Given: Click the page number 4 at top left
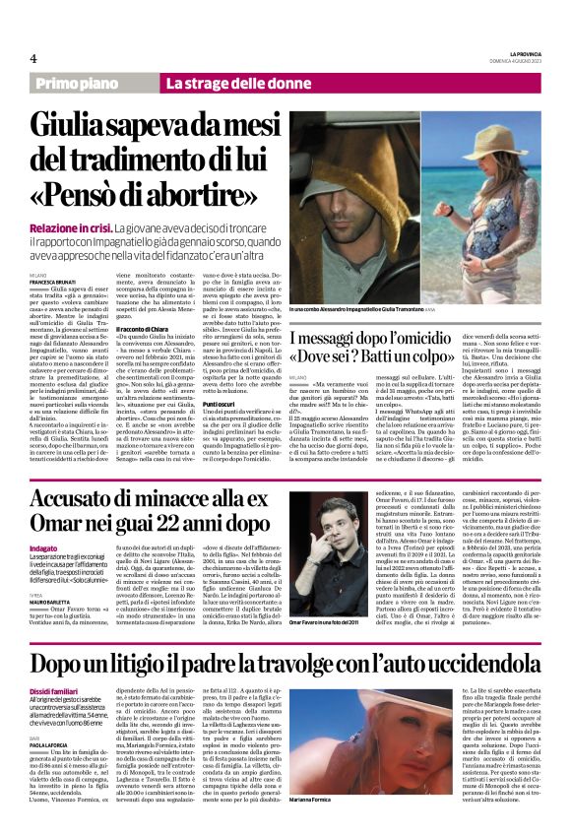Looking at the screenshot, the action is (32, 56).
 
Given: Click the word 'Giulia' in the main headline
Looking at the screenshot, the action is (88, 126).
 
